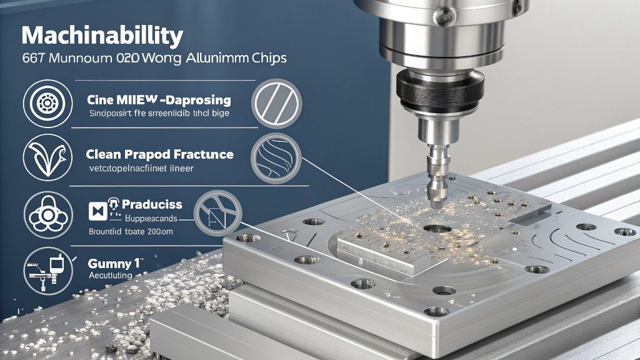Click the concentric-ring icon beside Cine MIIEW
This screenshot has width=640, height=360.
point(44,103)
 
